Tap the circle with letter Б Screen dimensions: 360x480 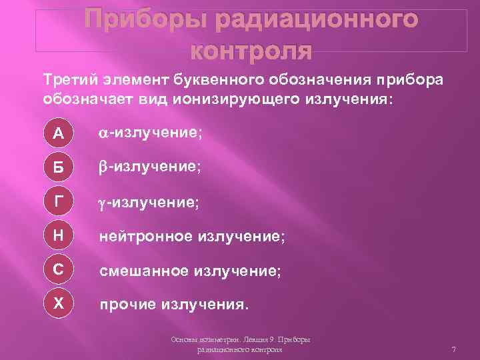[x=59, y=167]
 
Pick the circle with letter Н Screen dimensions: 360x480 [x=59, y=235]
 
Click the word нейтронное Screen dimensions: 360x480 [x=144, y=235]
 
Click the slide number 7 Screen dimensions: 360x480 [x=453, y=349]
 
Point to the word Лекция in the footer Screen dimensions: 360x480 [x=247, y=340]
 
